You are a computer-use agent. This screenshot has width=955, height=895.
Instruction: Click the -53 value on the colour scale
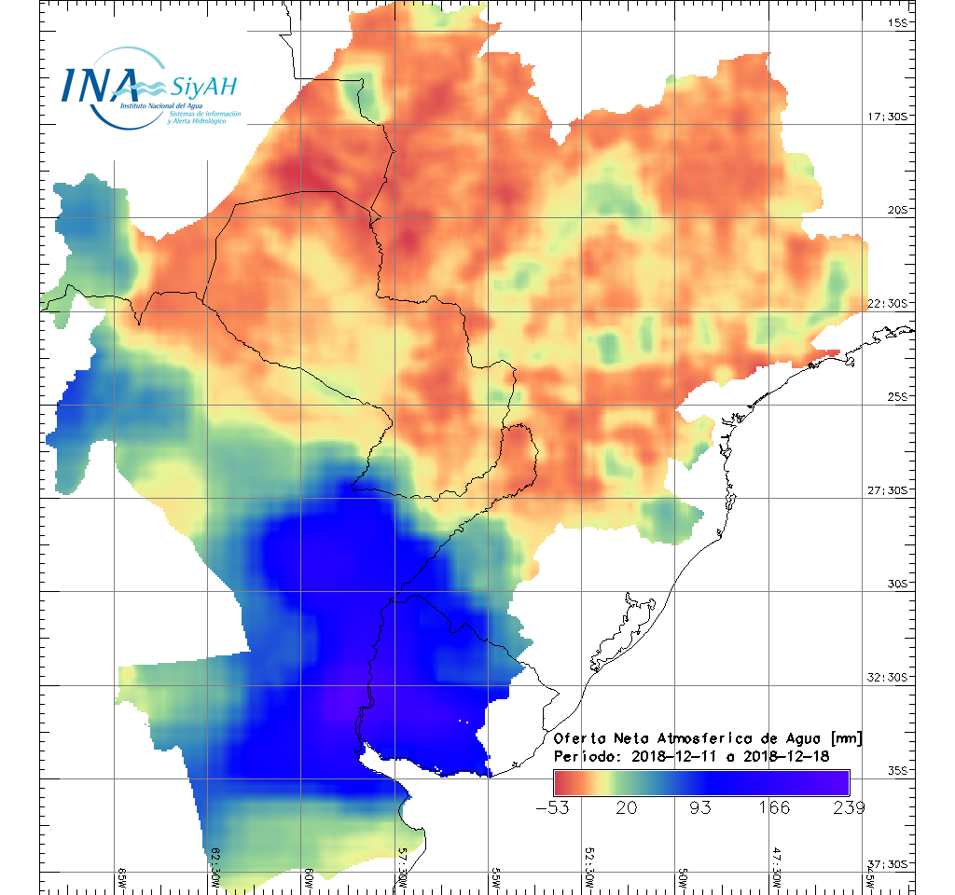(x=555, y=806)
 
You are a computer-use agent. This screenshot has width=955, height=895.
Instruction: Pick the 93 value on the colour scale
(x=700, y=806)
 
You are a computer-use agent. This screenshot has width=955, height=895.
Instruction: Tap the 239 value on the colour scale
(x=848, y=806)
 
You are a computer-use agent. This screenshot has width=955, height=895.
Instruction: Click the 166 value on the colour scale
(x=774, y=806)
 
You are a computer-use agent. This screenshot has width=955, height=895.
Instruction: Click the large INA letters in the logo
(x=100, y=85)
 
